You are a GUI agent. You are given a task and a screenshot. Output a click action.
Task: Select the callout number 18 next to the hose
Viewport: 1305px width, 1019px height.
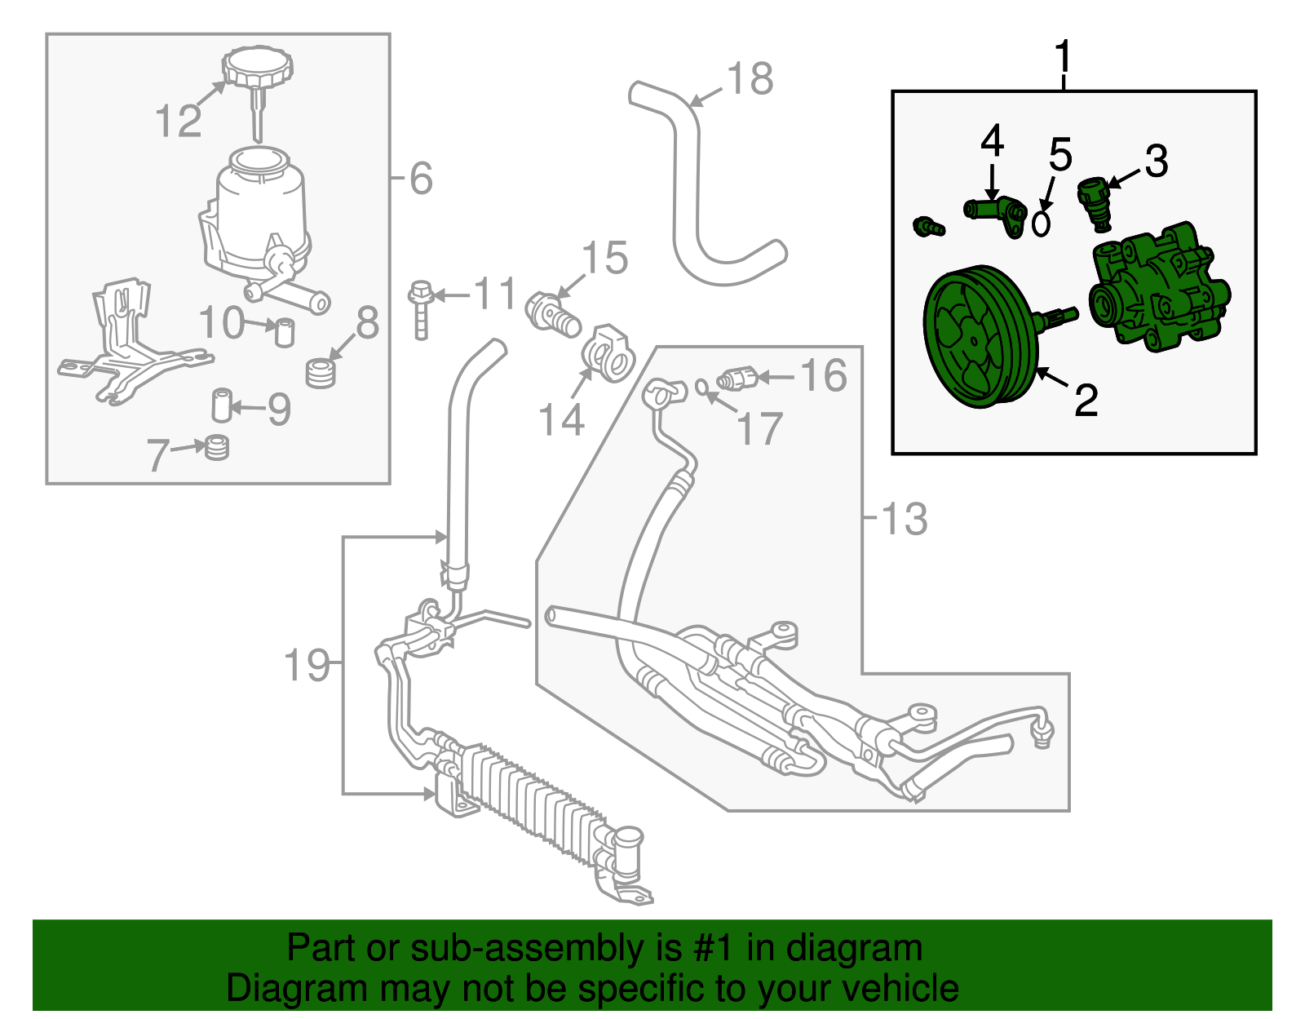tap(750, 80)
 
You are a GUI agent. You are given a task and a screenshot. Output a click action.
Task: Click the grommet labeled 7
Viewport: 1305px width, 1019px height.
tap(216, 447)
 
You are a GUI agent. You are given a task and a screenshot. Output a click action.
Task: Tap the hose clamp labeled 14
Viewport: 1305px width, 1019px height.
tap(608, 352)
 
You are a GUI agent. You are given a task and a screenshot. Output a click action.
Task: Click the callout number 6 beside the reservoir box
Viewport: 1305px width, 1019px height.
tap(421, 178)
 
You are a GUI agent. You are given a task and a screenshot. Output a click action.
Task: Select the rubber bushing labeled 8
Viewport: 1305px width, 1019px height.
tap(321, 373)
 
